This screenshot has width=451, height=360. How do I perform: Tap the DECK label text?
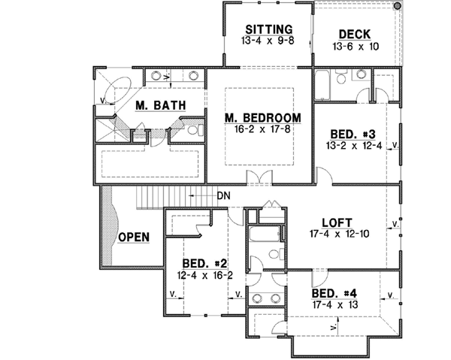tap(353, 34)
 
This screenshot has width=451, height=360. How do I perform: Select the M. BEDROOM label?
tap(263, 117)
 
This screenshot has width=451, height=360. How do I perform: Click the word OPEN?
tap(133, 237)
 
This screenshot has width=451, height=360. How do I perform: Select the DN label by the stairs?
tap(222, 196)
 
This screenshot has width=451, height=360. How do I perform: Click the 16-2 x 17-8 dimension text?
tap(263, 129)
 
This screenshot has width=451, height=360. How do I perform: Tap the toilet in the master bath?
tap(193, 131)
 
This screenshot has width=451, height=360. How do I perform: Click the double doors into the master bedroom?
tap(259, 178)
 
